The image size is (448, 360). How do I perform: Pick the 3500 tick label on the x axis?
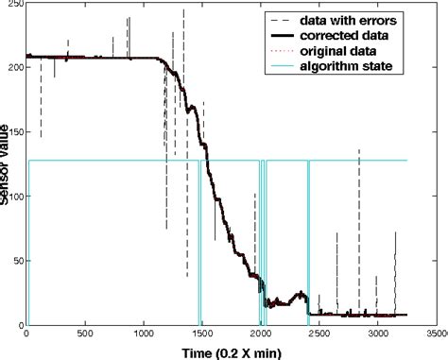pyautogui.click(x=434, y=334)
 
